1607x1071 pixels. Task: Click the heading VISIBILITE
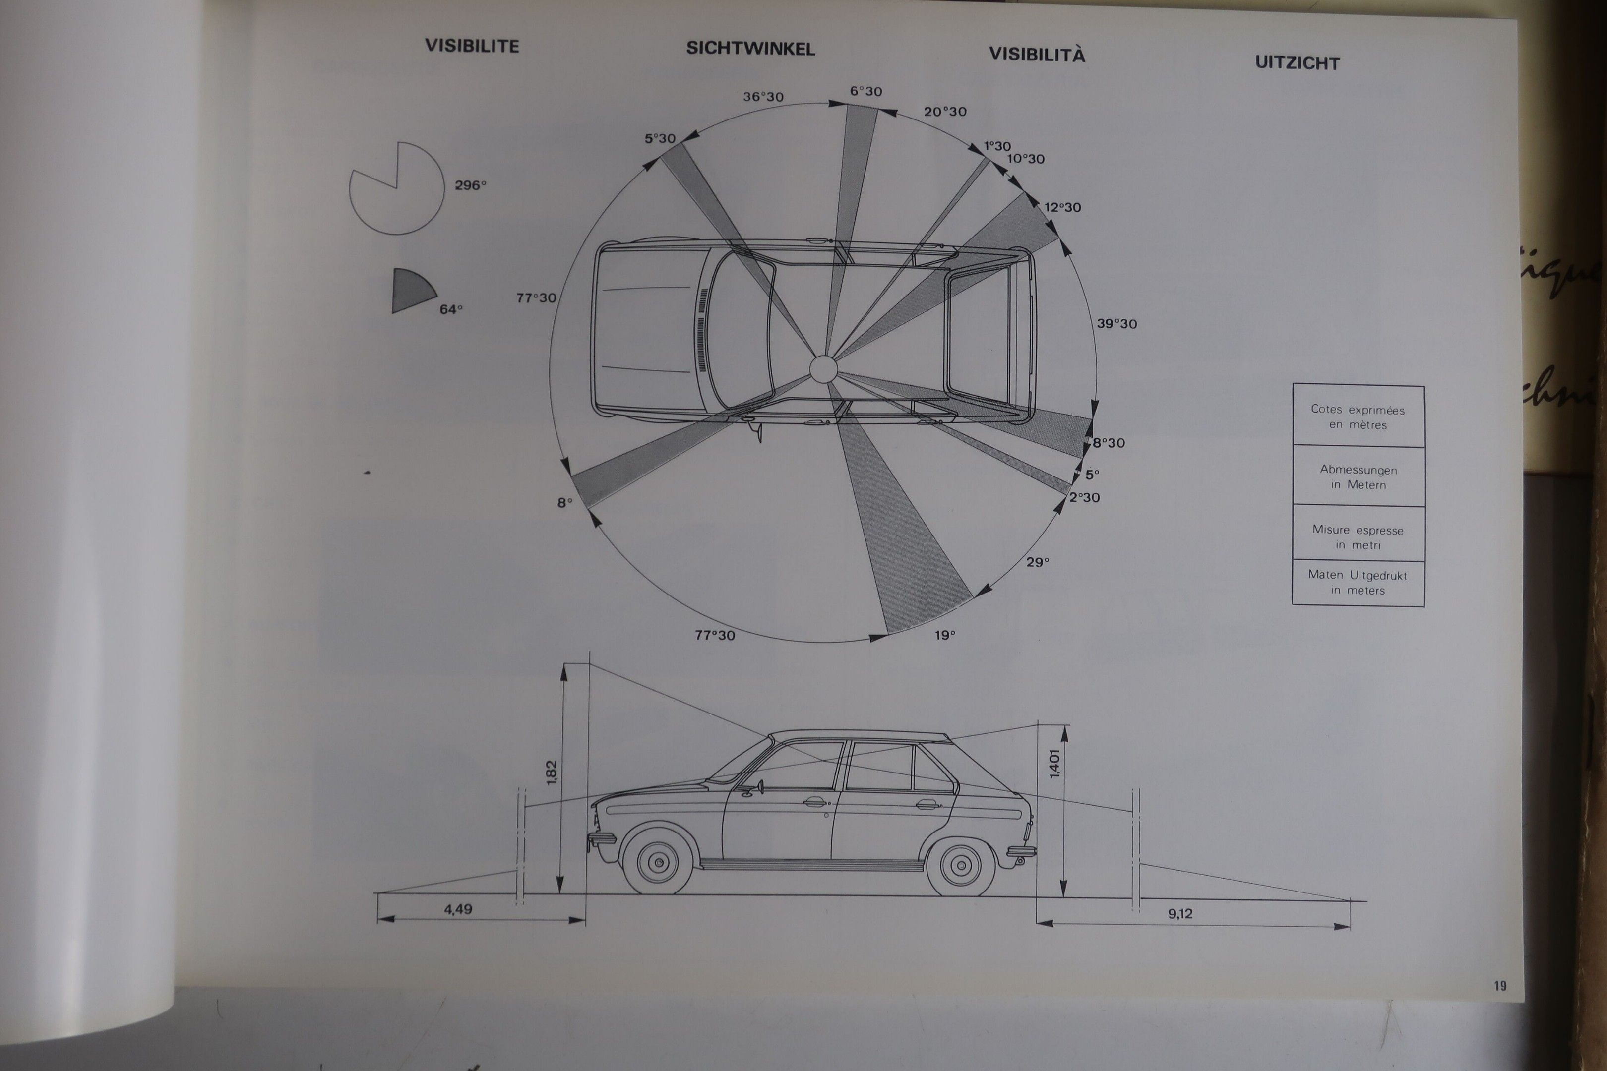click(x=472, y=46)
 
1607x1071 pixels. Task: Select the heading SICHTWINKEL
click(x=750, y=49)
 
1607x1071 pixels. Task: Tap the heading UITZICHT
click(x=1298, y=63)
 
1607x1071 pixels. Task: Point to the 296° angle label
click(x=471, y=185)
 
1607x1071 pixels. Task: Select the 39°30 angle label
click(x=1117, y=324)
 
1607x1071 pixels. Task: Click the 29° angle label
click(x=1037, y=562)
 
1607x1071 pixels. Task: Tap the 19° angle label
click(x=945, y=635)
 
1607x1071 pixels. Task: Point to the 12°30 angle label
click(x=1062, y=207)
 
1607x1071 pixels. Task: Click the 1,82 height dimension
click(x=552, y=773)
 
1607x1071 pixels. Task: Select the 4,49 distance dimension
click(x=458, y=909)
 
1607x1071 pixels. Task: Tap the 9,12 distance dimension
click(x=1180, y=913)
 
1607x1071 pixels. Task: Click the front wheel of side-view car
click(x=658, y=862)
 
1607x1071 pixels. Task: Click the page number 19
click(x=1500, y=986)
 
